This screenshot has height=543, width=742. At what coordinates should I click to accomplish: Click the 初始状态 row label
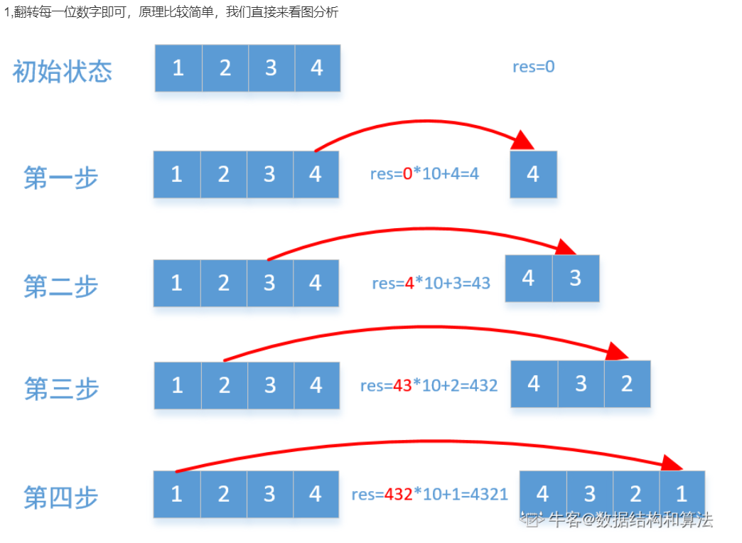(63, 72)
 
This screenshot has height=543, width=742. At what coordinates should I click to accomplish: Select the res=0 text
(533, 67)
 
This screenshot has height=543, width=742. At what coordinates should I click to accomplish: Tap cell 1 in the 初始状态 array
(178, 68)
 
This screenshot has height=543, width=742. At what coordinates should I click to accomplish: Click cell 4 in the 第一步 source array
(316, 174)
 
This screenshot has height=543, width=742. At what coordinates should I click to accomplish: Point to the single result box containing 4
(533, 174)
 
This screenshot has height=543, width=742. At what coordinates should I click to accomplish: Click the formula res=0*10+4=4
(424, 173)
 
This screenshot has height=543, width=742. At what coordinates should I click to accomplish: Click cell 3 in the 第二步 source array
(269, 283)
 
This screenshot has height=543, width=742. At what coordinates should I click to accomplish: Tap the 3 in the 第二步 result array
(575, 278)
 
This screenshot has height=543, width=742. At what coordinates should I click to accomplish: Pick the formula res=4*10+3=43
(431, 283)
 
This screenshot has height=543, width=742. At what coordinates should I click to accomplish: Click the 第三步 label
(61, 389)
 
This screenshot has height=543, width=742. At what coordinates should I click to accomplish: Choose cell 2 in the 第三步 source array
(225, 385)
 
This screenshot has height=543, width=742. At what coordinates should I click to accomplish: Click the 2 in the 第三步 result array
(627, 384)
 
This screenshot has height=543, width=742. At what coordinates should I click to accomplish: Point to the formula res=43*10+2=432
(429, 386)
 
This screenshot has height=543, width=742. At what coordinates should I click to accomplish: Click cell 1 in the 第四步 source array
(177, 493)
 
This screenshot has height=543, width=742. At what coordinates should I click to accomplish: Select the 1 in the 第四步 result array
(682, 493)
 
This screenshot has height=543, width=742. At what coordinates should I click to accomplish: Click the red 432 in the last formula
(398, 494)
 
